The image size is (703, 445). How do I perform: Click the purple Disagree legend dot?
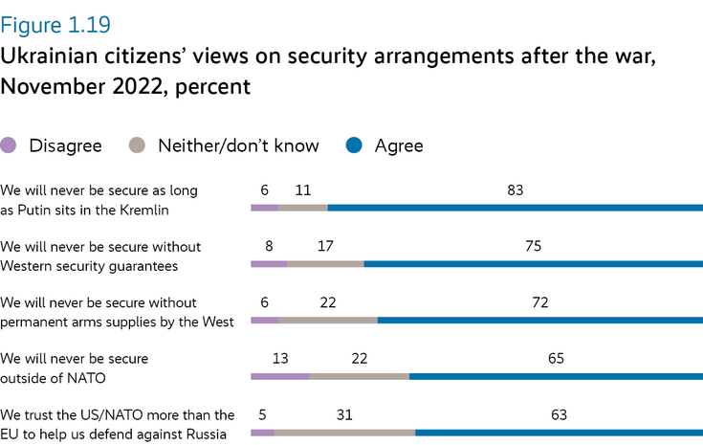pyautogui.click(x=11, y=145)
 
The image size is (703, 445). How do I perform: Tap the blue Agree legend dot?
pyautogui.click(x=353, y=145)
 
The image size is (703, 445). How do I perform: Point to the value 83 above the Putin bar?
pyautogui.click(x=516, y=189)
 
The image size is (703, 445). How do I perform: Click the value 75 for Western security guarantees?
pyautogui.click(x=533, y=246)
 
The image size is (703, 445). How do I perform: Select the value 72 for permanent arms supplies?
pyautogui.click(x=539, y=302)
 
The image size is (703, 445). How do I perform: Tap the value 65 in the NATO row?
pyautogui.click(x=557, y=359)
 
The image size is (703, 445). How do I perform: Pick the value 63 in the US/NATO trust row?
pyautogui.click(x=560, y=415)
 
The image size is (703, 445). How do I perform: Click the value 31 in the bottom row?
pyautogui.click(x=344, y=415)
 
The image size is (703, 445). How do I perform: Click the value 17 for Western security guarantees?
pyautogui.click(x=325, y=246)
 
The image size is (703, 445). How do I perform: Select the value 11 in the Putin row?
pyautogui.click(x=303, y=189)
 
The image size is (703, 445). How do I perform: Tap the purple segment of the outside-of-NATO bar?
pyautogui.click(x=279, y=376)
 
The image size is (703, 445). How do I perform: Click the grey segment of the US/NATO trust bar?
pyautogui.click(x=344, y=433)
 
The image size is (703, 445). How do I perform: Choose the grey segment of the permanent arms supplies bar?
pyautogui.click(x=328, y=320)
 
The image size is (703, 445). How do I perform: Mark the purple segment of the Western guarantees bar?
pyautogui.click(x=268, y=263)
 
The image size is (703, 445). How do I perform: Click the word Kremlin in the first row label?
pyautogui.click(x=172, y=210)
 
